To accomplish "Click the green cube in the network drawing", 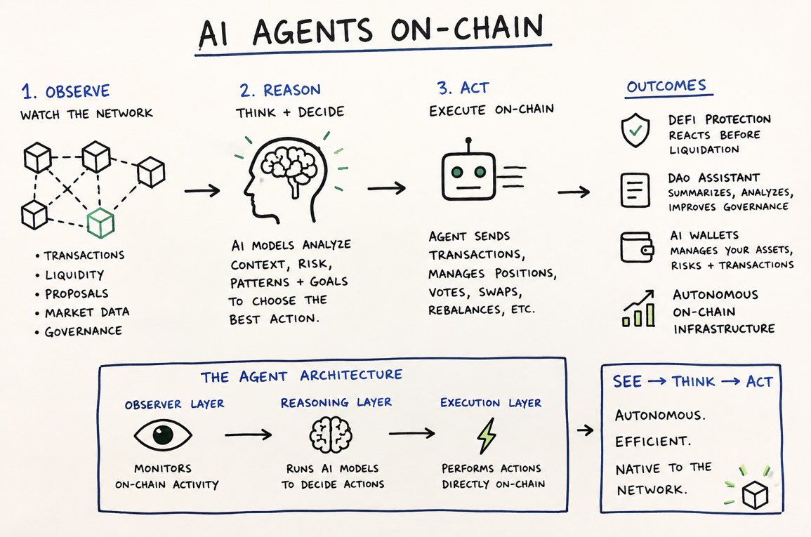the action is [100, 223].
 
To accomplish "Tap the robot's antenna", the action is [468, 146].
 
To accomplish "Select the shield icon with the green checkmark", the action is [635, 131].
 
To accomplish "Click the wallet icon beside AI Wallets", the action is [637, 247].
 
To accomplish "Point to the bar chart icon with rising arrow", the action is [638, 309].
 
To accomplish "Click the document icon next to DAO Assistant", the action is [635, 190].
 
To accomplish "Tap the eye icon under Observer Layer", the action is [163, 434].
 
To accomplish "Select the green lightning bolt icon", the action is [487, 435].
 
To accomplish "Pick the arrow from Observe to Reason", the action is [202, 191].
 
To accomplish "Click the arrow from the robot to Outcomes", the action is [574, 192].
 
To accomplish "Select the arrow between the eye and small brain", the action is [248, 434].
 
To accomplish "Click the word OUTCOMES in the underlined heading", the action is [666, 86].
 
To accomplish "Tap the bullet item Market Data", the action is [87, 312].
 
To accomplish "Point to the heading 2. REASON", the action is [280, 90].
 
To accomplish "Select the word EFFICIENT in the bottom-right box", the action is [653, 442].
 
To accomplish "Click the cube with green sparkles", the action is [755, 495].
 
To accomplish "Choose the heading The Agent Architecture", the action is [301, 376].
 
